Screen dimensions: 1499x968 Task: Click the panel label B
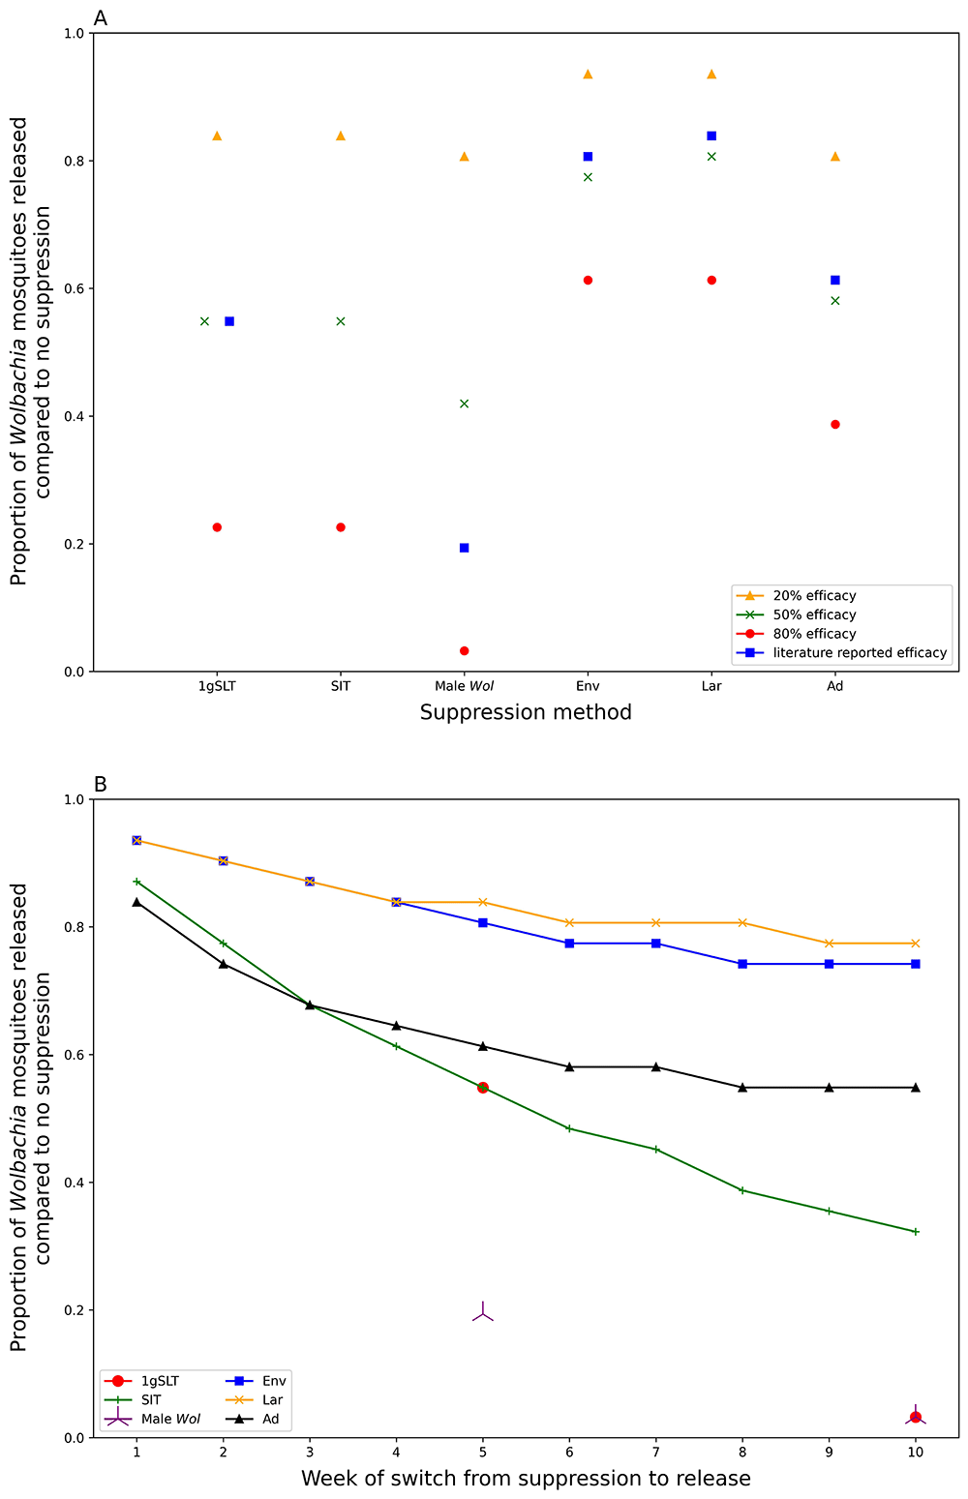[x=100, y=784]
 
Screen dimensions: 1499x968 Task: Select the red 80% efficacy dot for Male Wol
[x=464, y=651]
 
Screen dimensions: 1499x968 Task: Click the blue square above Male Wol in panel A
[x=464, y=548]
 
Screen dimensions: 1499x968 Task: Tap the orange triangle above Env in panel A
[x=588, y=75]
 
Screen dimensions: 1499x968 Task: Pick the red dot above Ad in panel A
[x=835, y=425]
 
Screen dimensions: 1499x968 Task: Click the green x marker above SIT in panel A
[x=341, y=321]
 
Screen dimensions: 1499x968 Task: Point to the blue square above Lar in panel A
[x=711, y=135]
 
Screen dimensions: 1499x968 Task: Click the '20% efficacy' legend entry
[x=813, y=596]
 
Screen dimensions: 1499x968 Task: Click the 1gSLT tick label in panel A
[x=217, y=686]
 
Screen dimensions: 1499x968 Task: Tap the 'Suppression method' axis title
[x=526, y=713]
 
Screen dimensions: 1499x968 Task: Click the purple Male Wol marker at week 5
[x=483, y=1313]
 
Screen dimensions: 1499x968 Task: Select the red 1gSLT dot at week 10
[x=916, y=1417]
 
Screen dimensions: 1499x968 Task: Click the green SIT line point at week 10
[x=916, y=1232]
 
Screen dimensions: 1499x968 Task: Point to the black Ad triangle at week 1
[x=136, y=902]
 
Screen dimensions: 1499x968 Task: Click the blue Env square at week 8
[x=742, y=964]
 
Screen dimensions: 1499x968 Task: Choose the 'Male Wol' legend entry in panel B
[x=170, y=1419]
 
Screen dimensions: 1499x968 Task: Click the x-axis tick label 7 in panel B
[x=655, y=1453]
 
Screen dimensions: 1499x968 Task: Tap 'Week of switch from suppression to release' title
[x=526, y=1479]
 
